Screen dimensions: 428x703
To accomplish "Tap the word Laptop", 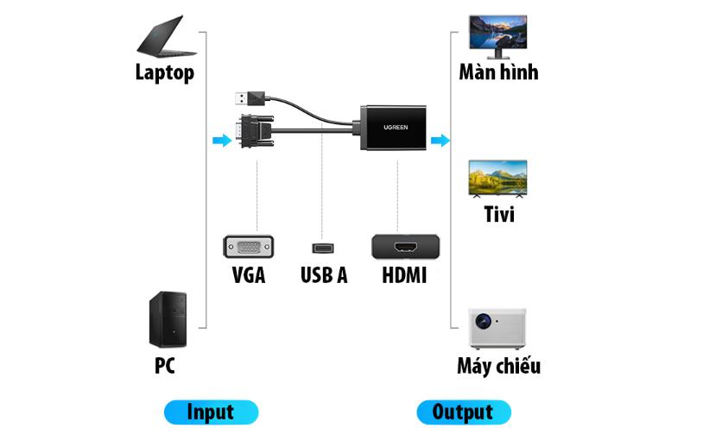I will (x=164, y=72).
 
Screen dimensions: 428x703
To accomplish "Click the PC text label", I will (x=165, y=365).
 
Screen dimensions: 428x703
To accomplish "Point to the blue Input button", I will (x=211, y=412).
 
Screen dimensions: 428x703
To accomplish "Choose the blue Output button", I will (x=464, y=412).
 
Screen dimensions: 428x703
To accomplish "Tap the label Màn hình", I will (x=498, y=72).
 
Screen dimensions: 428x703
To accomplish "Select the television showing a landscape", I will (x=497, y=179).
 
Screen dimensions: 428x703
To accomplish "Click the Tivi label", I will (x=498, y=213).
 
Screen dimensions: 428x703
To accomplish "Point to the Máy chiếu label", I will (x=498, y=366).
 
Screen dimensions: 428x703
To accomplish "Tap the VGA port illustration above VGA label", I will (x=249, y=247).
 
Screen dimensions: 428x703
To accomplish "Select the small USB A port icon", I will (x=324, y=249).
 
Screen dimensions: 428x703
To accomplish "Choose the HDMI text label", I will (x=404, y=276).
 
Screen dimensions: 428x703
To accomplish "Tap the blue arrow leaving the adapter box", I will (x=440, y=140).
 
